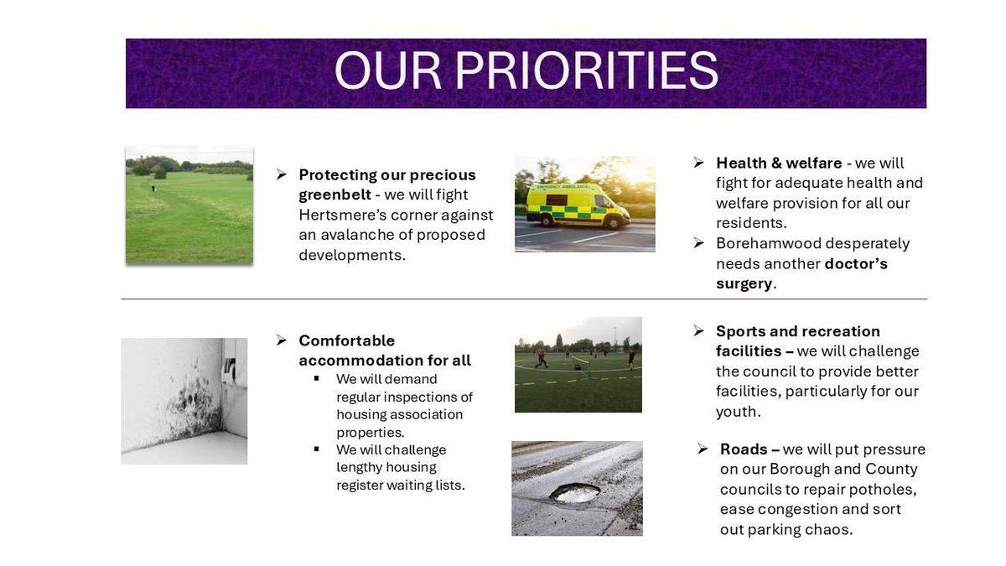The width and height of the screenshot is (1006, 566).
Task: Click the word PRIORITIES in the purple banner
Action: tap(587, 70)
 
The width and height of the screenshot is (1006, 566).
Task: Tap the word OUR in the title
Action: tap(388, 70)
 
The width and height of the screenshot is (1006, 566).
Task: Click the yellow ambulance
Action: tap(578, 205)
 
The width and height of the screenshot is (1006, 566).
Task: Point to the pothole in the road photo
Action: tap(575, 493)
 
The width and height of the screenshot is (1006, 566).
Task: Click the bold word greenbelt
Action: tap(335, 195)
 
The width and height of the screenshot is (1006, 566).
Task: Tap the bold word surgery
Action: tap(744, 284)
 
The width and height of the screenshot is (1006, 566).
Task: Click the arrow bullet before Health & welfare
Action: tap(698, 163)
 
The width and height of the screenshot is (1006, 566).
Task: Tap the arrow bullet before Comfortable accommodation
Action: tap(282, 340)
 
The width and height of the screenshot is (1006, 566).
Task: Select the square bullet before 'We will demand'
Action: tap(317, 378)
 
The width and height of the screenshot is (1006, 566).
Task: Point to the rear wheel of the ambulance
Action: tap(546, 221)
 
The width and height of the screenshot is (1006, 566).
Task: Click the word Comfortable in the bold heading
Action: tap(347, 340)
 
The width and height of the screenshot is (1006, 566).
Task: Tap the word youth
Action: tap(737, 412)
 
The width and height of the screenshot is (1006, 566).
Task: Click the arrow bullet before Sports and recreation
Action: tap(698, 331)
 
